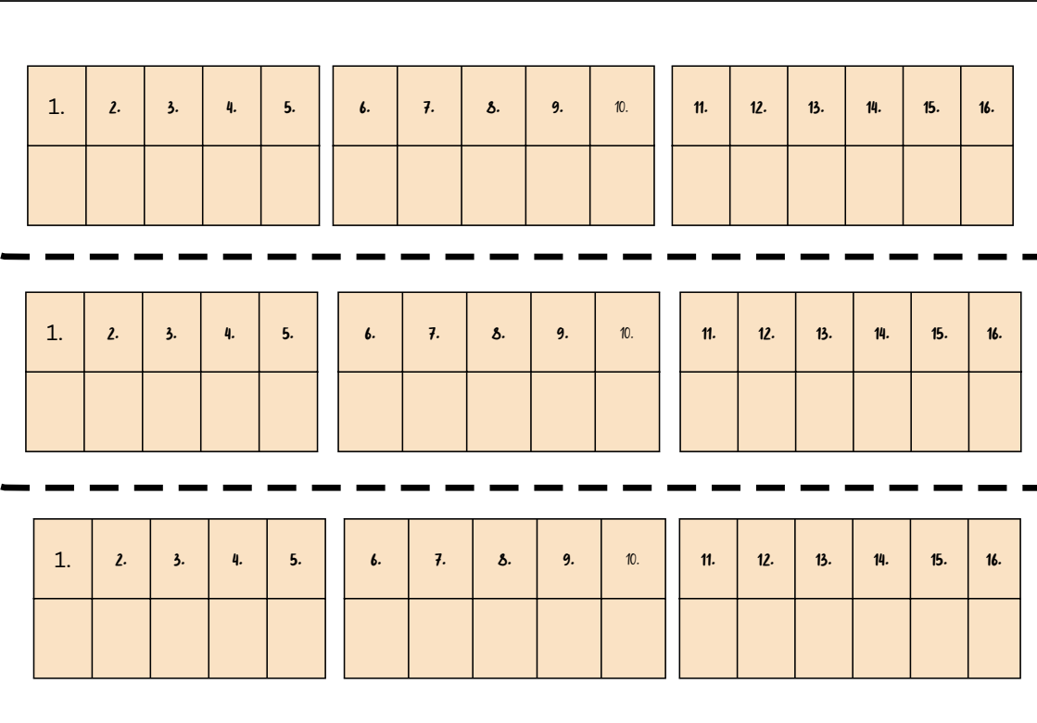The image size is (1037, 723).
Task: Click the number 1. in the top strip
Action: pos(57,108)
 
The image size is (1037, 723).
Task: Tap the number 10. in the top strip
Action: pos(621,108)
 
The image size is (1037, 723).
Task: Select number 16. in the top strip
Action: pos(986,108)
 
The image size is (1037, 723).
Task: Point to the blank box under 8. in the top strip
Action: pos(493,185)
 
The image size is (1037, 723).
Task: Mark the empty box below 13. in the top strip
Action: pos(816,185)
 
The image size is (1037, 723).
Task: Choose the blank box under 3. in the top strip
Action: pos(173,185)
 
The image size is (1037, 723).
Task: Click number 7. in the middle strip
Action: pos(434,334)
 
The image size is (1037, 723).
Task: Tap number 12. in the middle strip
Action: pos(766,334)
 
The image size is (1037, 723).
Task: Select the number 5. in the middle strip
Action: pos(288,334)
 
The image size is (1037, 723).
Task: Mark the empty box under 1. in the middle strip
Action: pos(55,412)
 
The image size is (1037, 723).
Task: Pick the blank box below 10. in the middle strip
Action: pos(627,412)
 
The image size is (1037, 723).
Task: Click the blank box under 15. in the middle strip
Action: pos(940,412)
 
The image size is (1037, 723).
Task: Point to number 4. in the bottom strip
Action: pos(237,560)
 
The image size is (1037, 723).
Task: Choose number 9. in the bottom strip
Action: pos(568,560)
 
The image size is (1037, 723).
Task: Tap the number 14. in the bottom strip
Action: pos(880,560)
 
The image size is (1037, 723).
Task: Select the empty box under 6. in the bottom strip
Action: pos(376,638)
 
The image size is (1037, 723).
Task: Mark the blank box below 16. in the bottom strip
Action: pos(993,638)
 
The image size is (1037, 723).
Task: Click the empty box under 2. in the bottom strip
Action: pos(121,638)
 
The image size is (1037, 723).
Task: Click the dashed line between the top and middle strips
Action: pos(519,256)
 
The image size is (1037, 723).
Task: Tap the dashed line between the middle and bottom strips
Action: pos(519,487)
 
